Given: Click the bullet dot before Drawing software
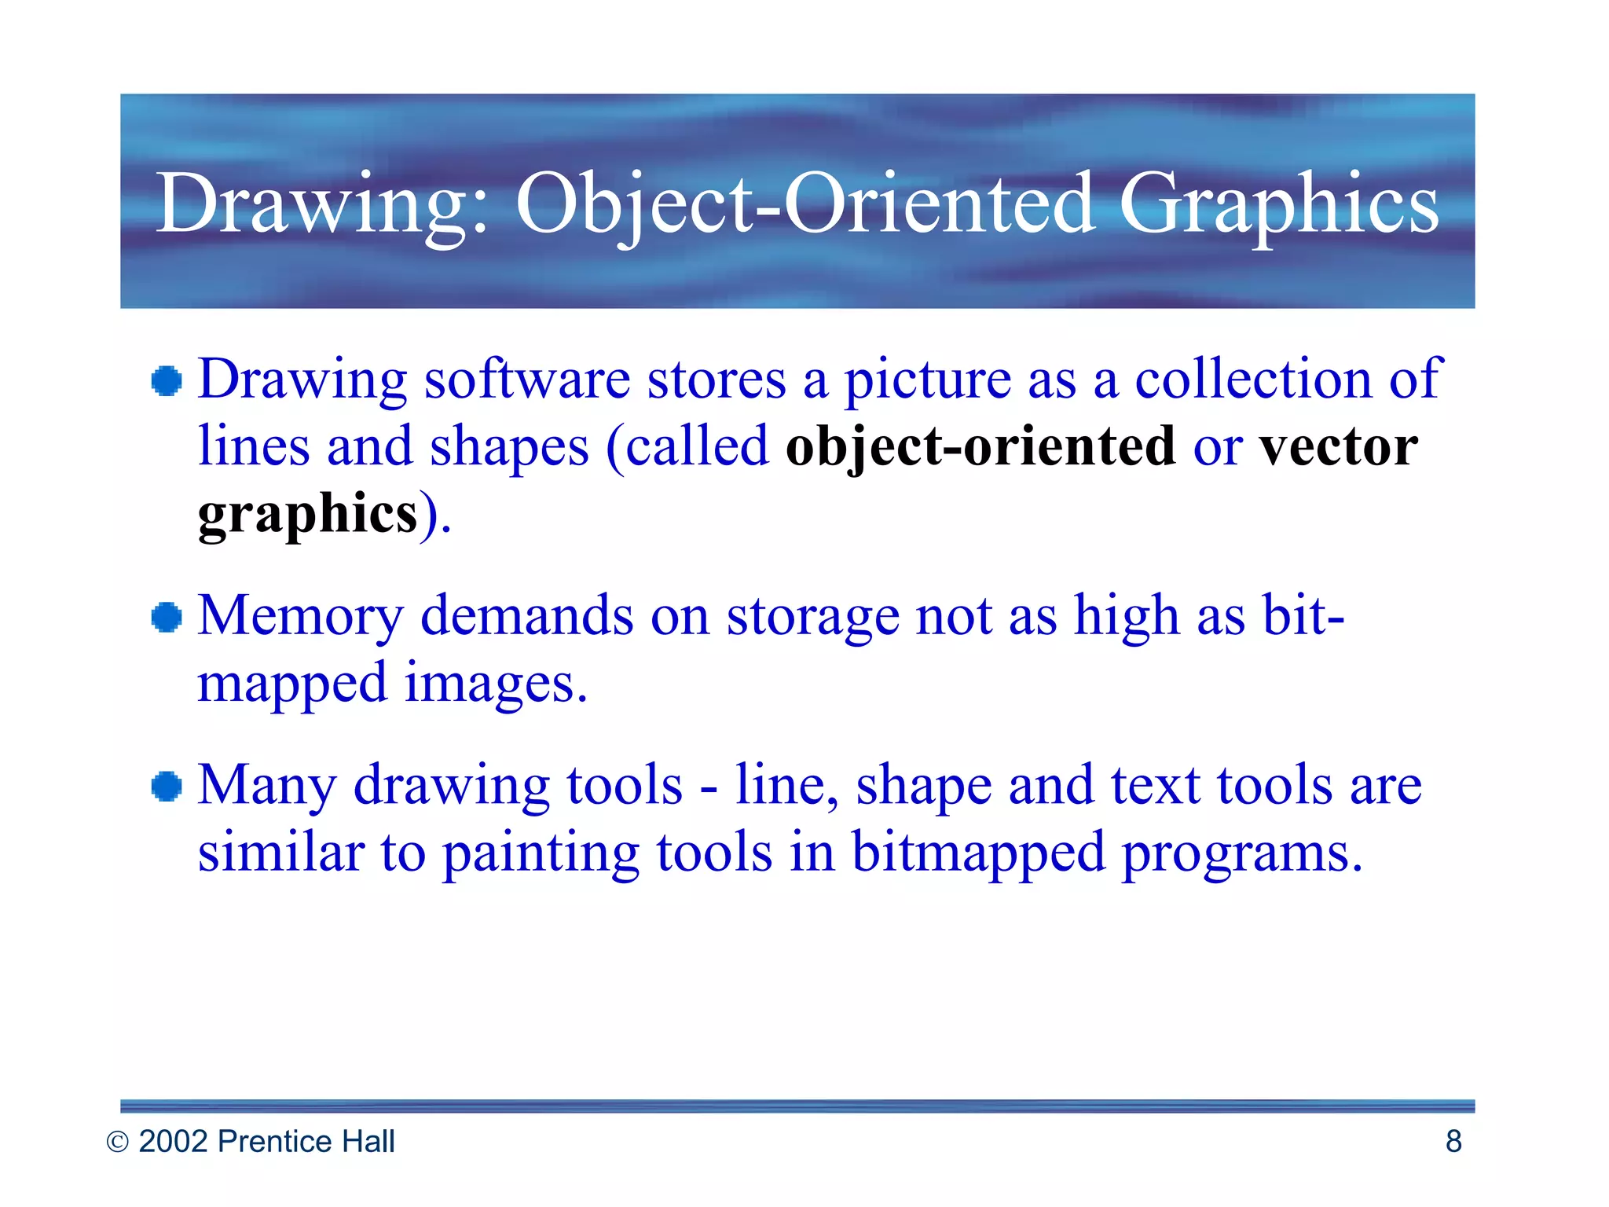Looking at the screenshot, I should point(167,382).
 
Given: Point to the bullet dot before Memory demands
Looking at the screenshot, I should point(167,617).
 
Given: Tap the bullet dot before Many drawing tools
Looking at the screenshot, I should point(167,787).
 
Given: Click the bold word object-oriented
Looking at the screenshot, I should point(980,448).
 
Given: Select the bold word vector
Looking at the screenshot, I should point(1339,446).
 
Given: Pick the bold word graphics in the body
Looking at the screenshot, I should point(307,515).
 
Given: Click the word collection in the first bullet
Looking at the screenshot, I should point(1253,380).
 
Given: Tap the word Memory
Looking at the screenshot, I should point(299,617).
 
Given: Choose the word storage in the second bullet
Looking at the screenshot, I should point(812,617).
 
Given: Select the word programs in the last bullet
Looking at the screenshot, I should point(1241,854).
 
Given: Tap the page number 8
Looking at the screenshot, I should point(1453,1142).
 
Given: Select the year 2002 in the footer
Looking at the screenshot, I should point(173,1142).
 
